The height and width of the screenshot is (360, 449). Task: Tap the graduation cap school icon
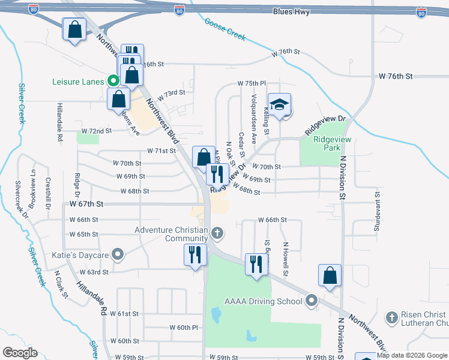click(279, 105)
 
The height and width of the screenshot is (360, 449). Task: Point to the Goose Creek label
click(225, 29)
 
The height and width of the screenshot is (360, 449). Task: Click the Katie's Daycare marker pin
click(118, 255)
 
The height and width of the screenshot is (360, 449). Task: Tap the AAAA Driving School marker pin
click(311, 300)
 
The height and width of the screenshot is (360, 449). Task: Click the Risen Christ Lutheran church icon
click(391, 316)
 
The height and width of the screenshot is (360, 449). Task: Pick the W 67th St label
click(84, 204)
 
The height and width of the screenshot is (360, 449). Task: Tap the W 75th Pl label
click(252, 83)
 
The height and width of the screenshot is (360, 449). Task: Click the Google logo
click(20, 353)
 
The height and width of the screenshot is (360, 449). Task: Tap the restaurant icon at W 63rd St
click(195, 254)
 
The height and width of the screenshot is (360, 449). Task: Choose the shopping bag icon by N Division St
click(330, 275)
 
